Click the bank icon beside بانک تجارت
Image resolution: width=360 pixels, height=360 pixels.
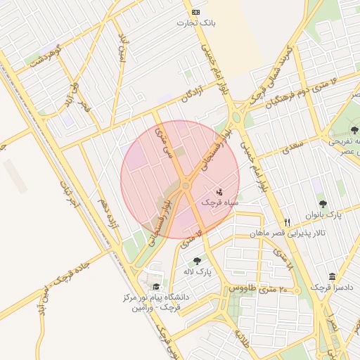[x=195, y=13]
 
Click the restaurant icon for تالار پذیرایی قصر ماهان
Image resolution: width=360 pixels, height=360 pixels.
[x=287, y=222]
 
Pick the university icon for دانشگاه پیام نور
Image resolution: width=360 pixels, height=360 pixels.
[x=156, y=287]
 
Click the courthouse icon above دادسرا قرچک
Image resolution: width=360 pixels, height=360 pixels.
[x=332, y=276]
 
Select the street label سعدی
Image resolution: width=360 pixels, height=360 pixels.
[x=292, y=149]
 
